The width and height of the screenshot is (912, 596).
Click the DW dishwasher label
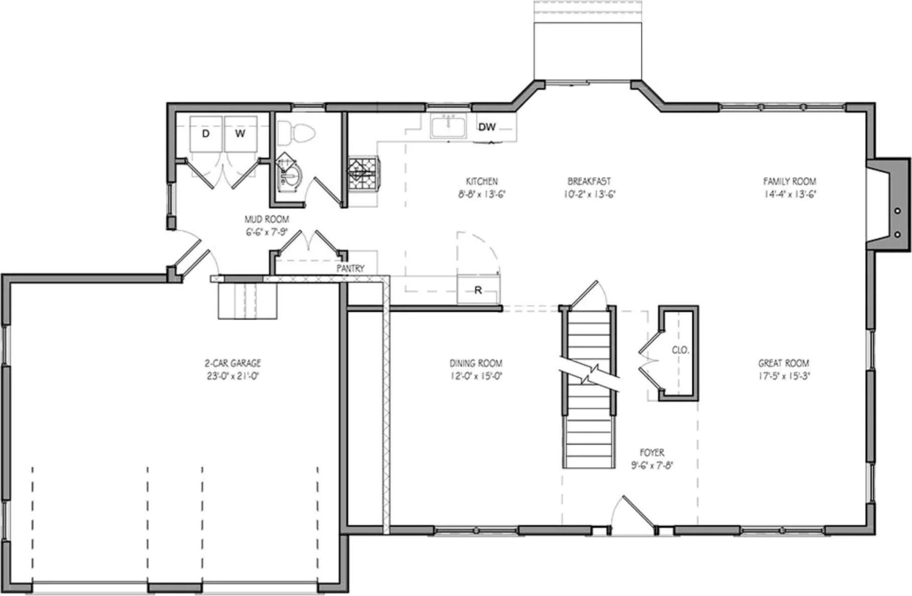click(486, 127)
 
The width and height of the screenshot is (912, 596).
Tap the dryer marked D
click(205, 133)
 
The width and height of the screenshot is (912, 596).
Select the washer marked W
click(240, 133)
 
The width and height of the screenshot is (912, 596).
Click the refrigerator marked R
click(478, 290)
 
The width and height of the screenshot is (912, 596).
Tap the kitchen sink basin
click(447, 126)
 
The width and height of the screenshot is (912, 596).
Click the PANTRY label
click(350, 269)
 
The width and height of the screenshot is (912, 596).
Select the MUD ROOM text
click(267, 219)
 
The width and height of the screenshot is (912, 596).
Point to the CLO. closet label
click(680, 350)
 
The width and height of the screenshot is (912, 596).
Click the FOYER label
click(652, 453)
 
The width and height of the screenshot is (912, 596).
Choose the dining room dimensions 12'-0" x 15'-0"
click(475, 376)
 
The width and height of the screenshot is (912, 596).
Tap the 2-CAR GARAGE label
click(232, 363)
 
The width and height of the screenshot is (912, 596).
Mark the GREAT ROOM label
click(783, 363)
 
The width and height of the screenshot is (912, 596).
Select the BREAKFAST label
click(589, 181)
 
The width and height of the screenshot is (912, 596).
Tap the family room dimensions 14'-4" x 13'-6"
click(789, 194)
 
